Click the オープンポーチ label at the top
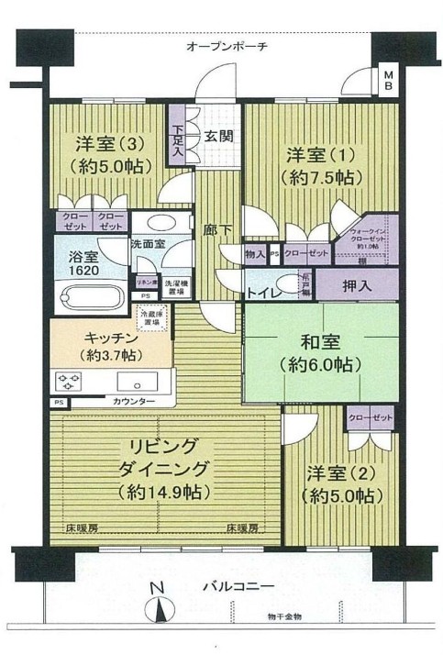tap(226, 46)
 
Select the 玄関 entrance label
tap(216, 136)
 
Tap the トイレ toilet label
tap(262, 294)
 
